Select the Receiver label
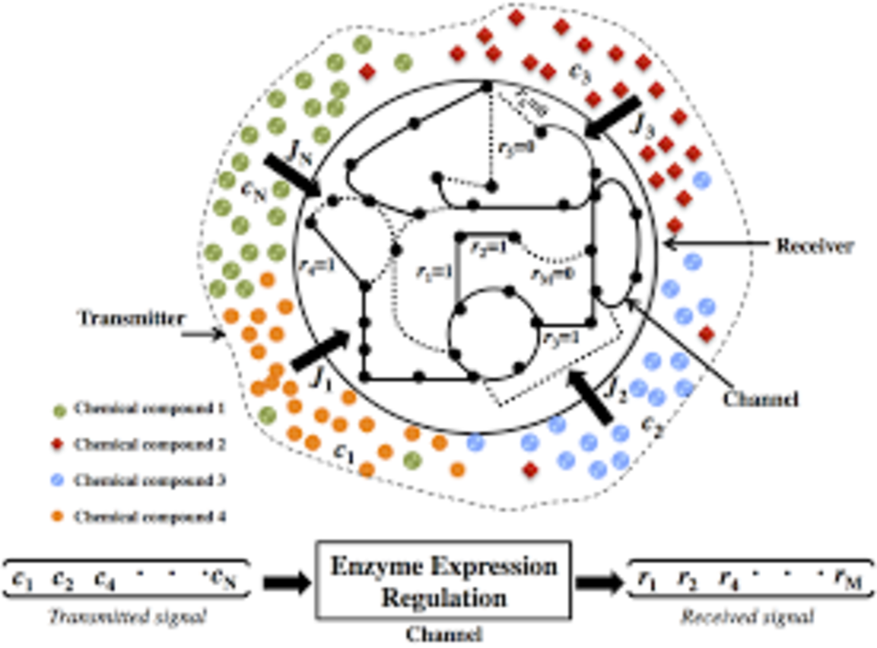coord(814,245)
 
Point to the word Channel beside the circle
coord(760,399)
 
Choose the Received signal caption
coord(748,617)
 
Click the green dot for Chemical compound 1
coord(60,407)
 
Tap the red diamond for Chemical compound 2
coord(60,444)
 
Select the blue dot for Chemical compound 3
coord(60,480)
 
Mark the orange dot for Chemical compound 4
coord(60,517)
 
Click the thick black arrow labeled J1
coord(320,350)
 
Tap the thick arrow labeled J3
coord(613,119)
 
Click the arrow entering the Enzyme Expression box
coord(287,582)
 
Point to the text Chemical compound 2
coord(151,444)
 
